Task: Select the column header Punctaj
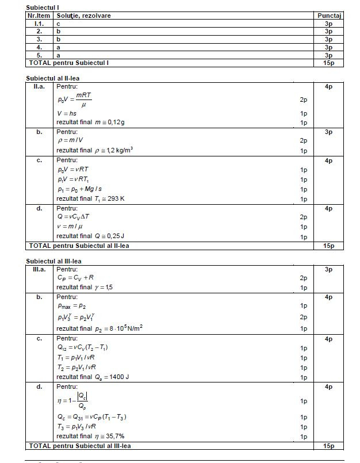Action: (330, 16)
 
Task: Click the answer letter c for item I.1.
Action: (59, 24)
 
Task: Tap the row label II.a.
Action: (40, 86)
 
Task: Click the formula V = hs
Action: (67, 113)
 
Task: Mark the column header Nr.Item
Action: (40, 16)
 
